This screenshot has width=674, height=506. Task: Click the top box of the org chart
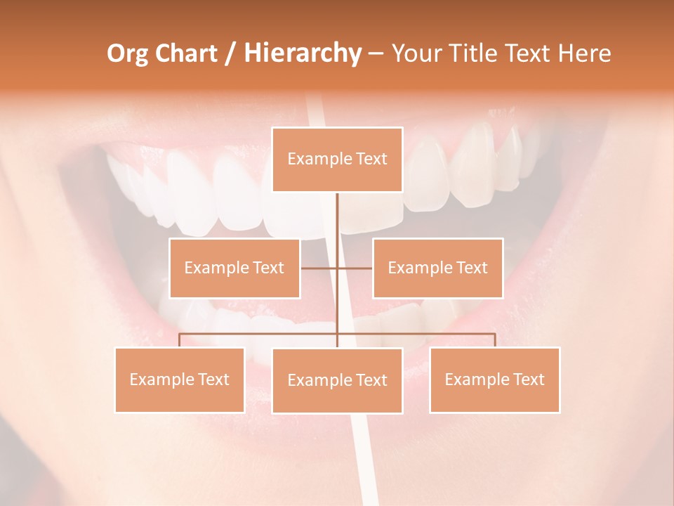(337, 160)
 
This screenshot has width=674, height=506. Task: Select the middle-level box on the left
(234, 268)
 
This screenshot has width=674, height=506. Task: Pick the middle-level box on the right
(437, 268)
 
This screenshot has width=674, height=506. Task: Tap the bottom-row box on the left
(180, 379)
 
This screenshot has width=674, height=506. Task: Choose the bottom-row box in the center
(337, 380)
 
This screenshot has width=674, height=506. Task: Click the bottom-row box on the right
(494, 379)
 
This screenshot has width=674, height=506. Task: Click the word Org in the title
(126, 53)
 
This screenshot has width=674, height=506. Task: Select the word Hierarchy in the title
(302, 53)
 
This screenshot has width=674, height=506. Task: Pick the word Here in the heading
(584, 53)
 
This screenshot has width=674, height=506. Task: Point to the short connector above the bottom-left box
(180, 341)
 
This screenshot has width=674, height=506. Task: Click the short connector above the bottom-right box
(495, 341)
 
